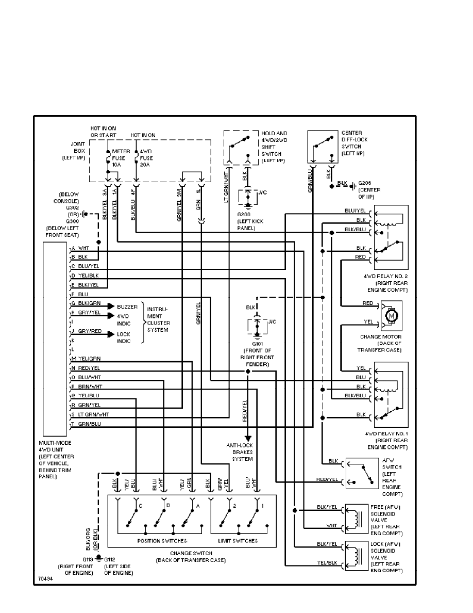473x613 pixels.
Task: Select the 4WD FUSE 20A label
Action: click(x=147, y=157)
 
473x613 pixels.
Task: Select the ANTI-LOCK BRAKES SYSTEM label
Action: click(x=240, y=451)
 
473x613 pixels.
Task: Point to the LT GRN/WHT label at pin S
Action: click(x=94, y=414)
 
